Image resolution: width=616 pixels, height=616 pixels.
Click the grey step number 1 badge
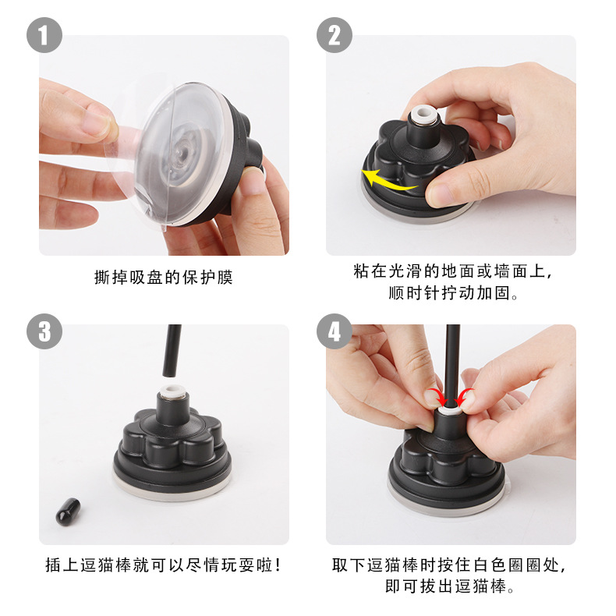point(44,35)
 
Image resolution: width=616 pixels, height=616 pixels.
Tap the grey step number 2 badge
point(335,35)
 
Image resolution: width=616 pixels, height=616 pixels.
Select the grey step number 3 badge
point(44,331)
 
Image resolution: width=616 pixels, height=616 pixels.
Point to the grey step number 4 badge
point(335,331)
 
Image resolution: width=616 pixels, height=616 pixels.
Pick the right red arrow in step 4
point(465,397)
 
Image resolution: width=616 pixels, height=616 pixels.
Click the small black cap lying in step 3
point(68,512)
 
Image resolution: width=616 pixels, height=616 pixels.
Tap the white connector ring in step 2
point(423,117)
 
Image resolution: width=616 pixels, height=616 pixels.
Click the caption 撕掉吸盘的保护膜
point(164,278)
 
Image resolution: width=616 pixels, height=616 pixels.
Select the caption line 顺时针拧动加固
point(453,293)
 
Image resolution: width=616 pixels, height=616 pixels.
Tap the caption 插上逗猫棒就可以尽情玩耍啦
point(164,565)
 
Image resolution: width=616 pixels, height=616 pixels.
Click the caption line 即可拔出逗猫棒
point(450,586)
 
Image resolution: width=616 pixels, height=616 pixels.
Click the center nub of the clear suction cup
point(179,151)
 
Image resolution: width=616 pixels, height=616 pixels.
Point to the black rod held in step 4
point(453,366)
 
